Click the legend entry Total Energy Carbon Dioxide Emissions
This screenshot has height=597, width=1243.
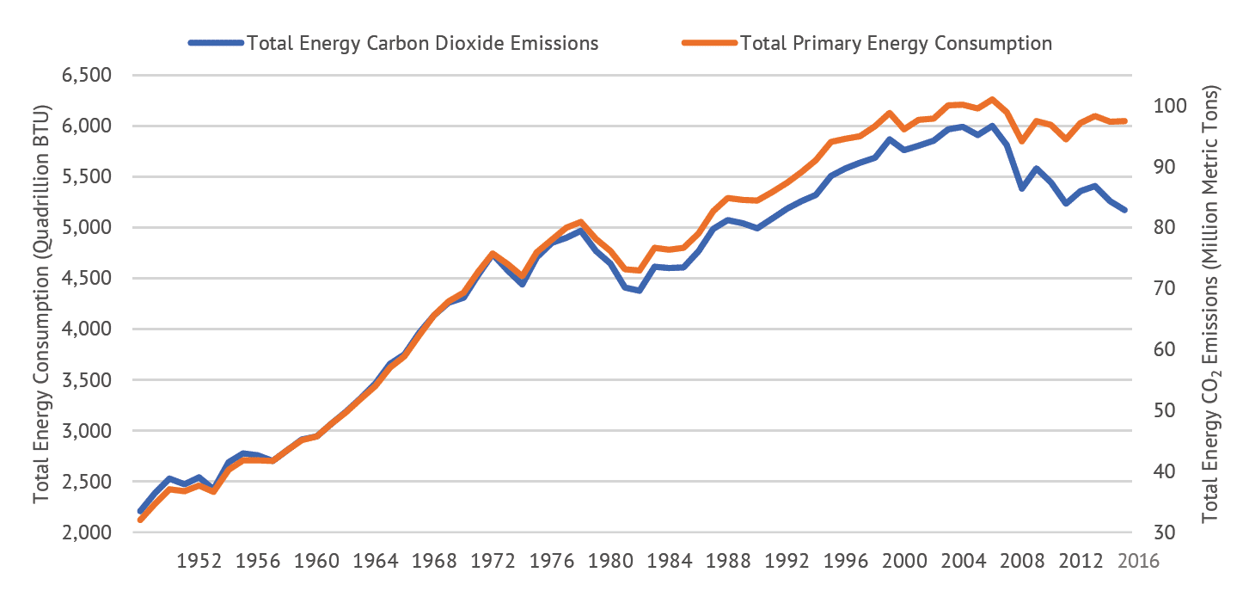point(421,43)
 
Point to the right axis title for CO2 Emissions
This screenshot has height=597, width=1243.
point(1212,305)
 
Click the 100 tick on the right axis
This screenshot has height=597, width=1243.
point(1179,106)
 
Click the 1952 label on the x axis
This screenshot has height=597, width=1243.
point(199,561)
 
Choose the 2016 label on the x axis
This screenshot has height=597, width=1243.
point(1140,561)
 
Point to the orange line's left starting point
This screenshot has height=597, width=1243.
point(140,520)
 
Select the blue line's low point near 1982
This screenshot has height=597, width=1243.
point(640,291)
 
